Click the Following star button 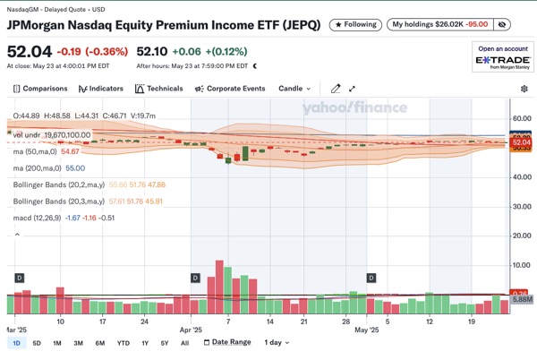[355, 25]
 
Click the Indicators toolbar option [101, 89]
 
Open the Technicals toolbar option [158, 89]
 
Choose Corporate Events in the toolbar [229, 89]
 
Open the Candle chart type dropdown [294, 89]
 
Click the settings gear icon [524, 89]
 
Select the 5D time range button [37, 343]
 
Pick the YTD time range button [124, 343]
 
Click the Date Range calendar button [225, 342]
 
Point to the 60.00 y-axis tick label [520, 118]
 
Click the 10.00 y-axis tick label [520, 265]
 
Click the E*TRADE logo [501, 60]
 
